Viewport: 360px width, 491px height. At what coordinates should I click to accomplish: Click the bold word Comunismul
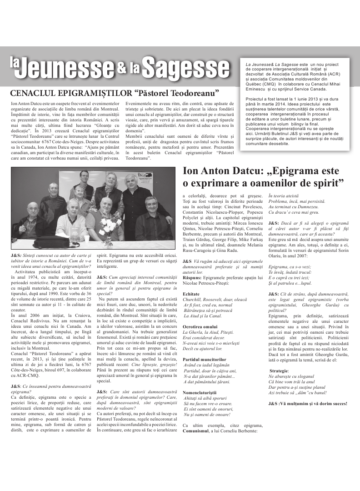[x=198, y=431]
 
